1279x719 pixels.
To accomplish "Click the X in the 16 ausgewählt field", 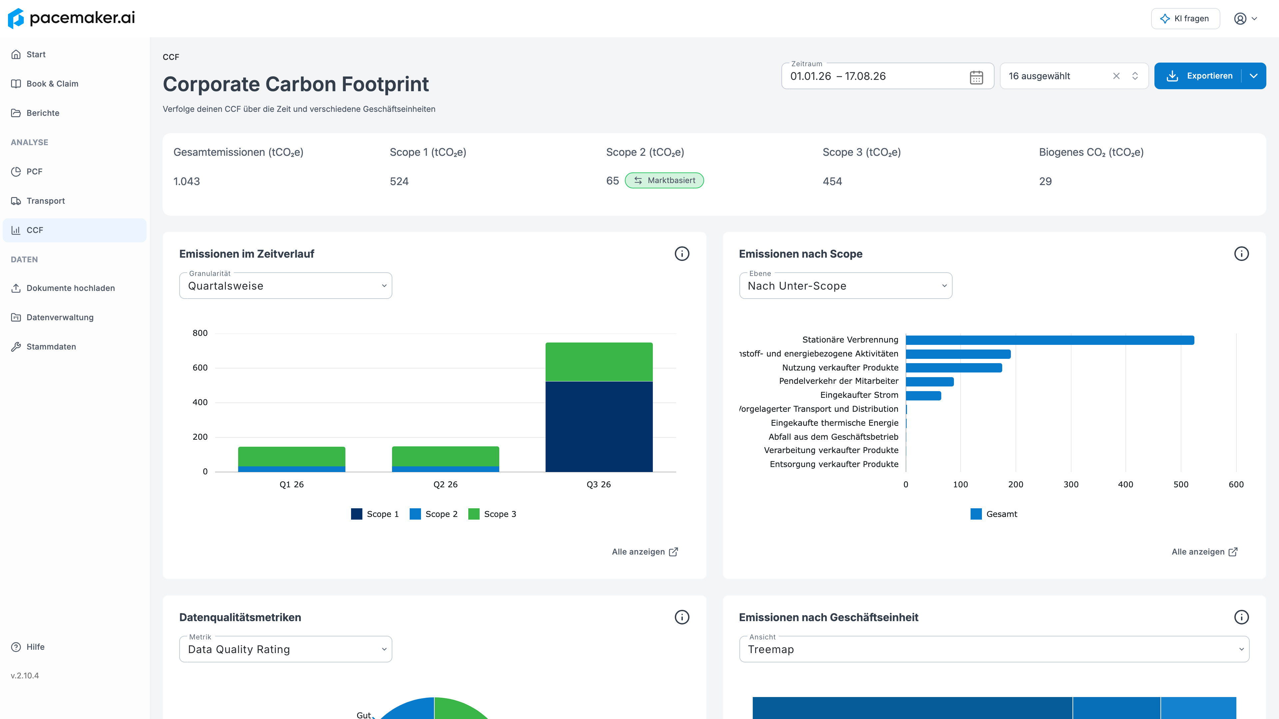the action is [1116, 76].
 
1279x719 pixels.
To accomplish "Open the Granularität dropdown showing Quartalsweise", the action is [285, 286].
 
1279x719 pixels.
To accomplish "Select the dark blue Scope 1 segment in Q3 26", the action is [599, 426].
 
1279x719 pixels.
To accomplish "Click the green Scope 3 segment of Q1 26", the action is [291, 456].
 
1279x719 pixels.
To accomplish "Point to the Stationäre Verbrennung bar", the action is [1050, 340].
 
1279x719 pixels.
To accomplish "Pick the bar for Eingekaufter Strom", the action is [923, 395].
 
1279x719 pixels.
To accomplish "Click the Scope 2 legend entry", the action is [433, 514].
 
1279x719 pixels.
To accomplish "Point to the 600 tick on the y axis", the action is [200, 368].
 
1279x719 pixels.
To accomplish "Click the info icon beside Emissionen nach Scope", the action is [1241, 254].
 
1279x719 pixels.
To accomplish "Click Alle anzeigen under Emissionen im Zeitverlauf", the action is [644, 552].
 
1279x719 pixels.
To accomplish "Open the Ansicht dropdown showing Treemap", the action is [994, 649].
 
